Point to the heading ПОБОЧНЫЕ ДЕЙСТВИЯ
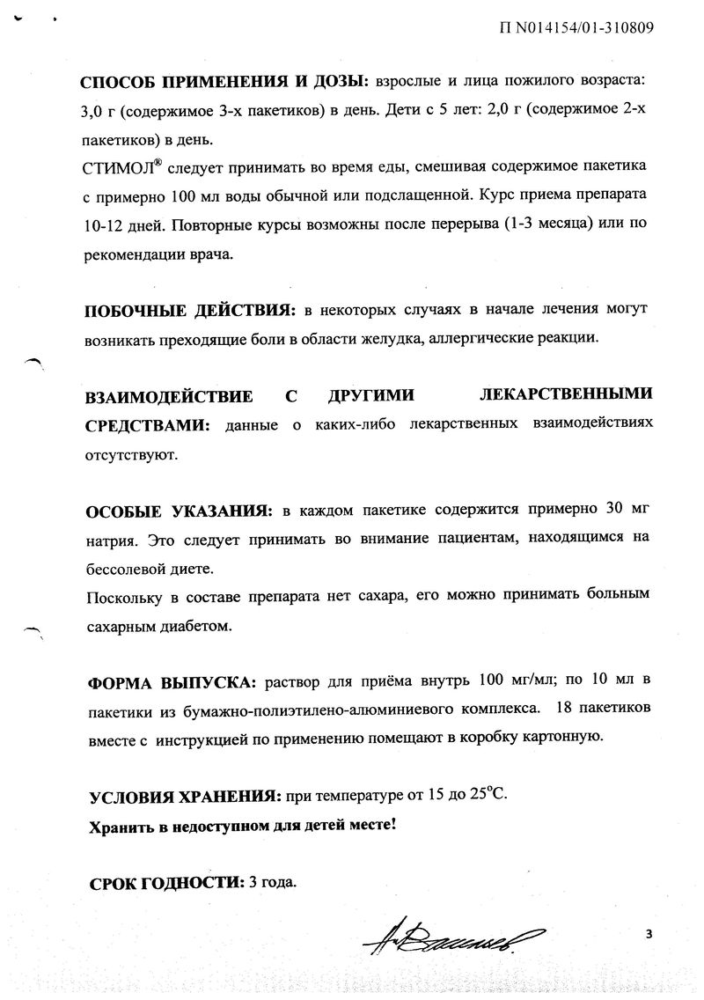click(x=189, y=312)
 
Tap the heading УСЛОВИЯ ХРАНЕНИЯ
click(x=183, y=797)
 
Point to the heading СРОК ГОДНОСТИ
click(x=164, y=881)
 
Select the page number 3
click(x=649, y=934)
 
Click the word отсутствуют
click(x=130, y=456)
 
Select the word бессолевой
click(x=126, y=568)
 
